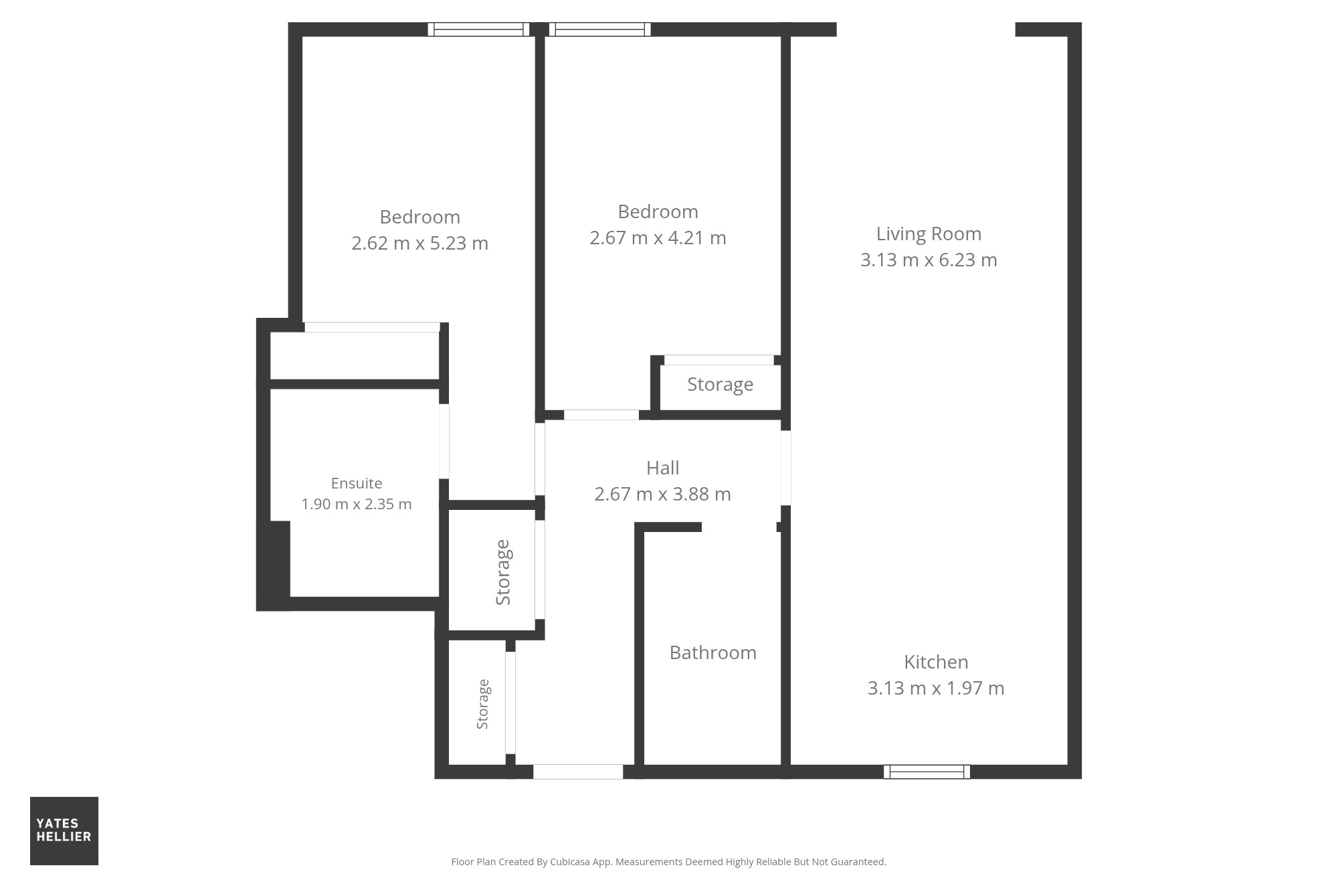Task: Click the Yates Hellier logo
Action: coord(64,830)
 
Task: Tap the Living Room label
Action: coord(929,234)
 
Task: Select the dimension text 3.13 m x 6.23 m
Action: coord(929,260)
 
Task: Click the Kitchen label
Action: coord(936,662)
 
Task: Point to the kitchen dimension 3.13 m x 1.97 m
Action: coord(936,688)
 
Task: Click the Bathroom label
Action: coord(713,652)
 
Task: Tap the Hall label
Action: coord(663,468)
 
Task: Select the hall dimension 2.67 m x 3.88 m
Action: coord(662,494)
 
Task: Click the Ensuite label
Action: coord(357,483)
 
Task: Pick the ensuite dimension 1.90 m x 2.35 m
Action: coord(357,504)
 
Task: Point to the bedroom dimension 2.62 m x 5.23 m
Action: coord(420,243)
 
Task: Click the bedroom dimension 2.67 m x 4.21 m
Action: coord(658,238)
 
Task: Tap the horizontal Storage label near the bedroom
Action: coord(720,385)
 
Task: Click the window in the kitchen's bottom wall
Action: coord(927,772)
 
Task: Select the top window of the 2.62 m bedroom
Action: coord(478,29)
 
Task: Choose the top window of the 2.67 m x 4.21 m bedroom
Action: coord(599,29)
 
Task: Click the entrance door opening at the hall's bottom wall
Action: coord(578,772)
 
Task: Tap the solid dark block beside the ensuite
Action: coord(274,565)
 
